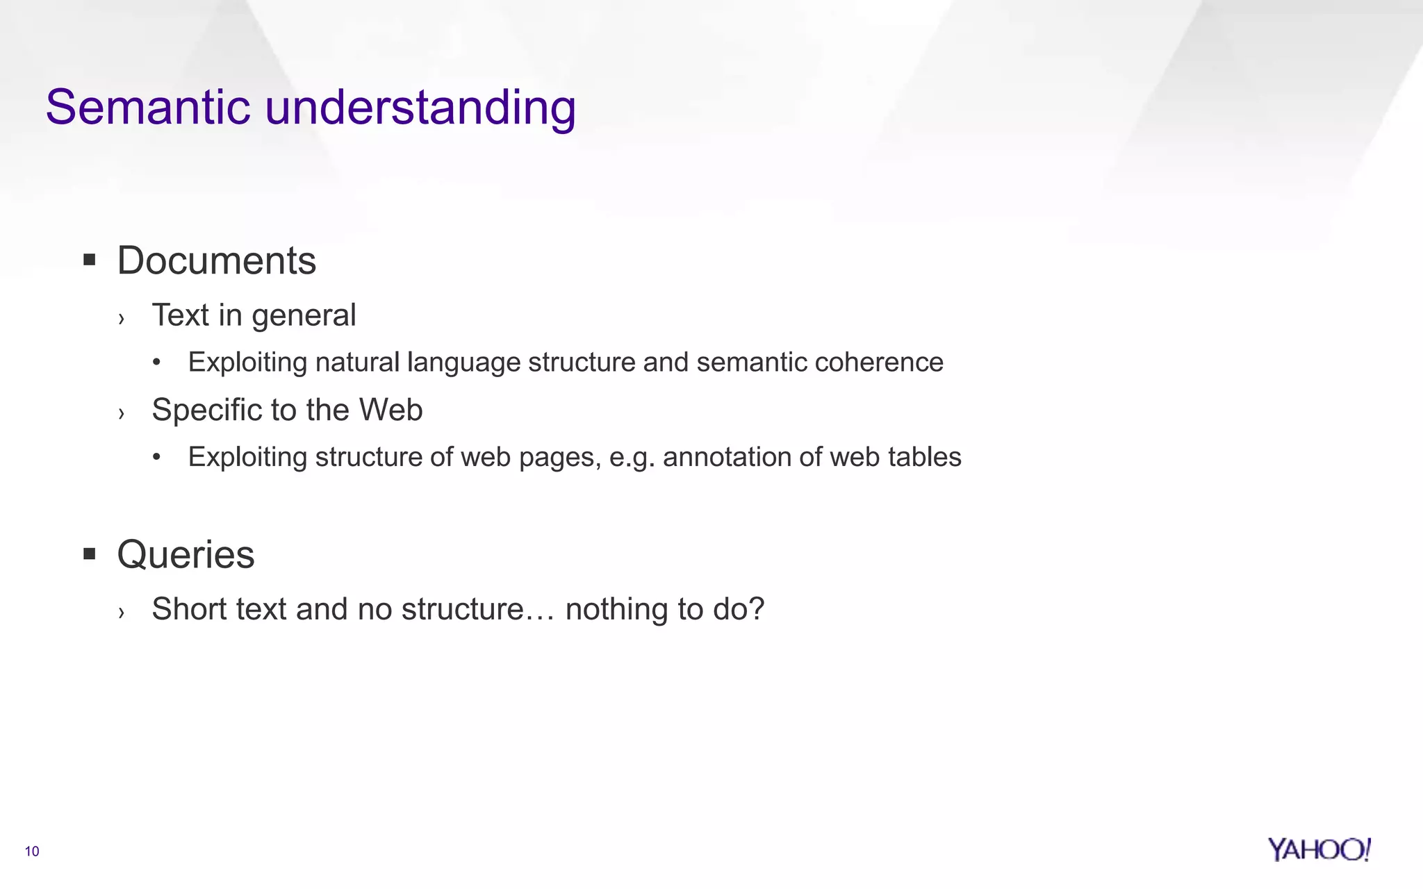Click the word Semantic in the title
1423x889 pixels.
[147, 108]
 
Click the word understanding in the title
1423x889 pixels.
[420, 109]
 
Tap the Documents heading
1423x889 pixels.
[216, 261]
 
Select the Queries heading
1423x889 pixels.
[186, 555]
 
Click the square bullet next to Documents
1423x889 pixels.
[89, 260]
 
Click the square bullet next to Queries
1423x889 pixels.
[89, 554]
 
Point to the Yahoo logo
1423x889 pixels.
[1318, 849]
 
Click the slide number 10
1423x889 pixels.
[32, 851]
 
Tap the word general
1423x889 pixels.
[304, 316]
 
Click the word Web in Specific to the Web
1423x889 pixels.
[390, 410]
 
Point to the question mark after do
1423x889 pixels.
[757, 608]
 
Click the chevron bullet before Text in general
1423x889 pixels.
[122, 319]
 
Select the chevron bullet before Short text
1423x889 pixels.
[122, 613]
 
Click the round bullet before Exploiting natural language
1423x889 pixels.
[157, 363]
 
